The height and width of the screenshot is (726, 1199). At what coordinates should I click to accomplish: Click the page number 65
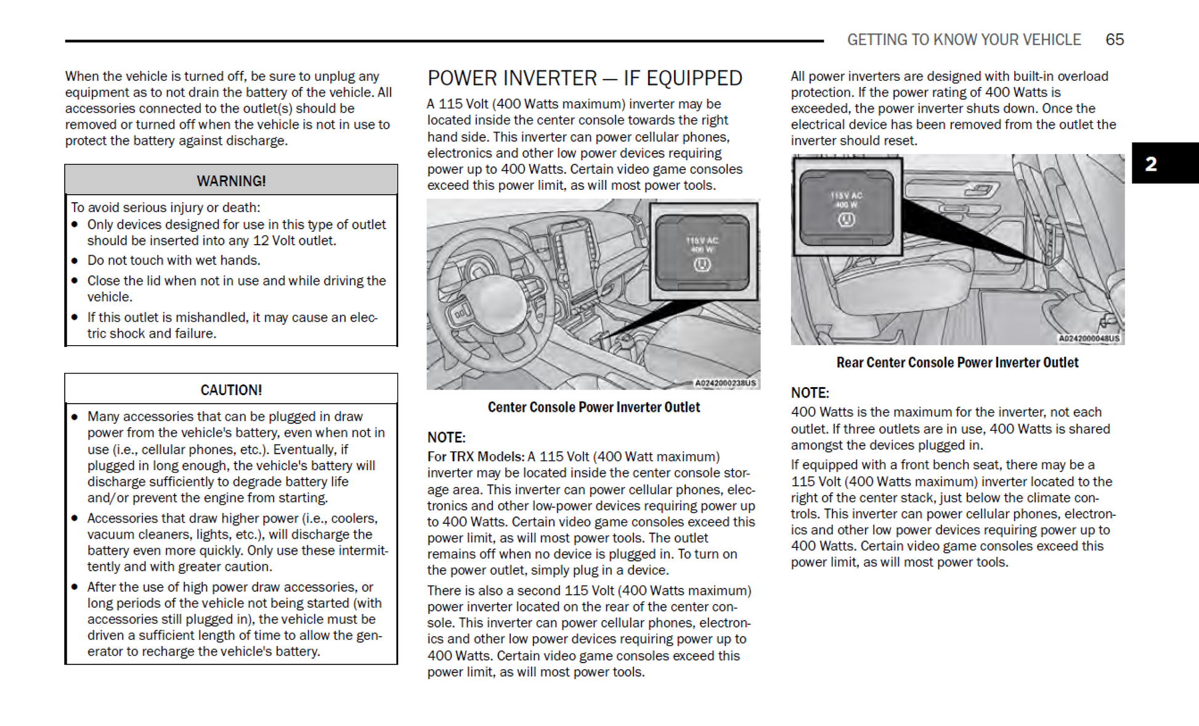[1114, 39]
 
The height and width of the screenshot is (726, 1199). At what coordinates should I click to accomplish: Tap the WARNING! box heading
[231, 181]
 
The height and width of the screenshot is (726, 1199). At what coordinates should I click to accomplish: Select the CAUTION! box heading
[231, 390]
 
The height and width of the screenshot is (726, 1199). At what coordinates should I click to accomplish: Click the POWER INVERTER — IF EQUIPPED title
[584, 78]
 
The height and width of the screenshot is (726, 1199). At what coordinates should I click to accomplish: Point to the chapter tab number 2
[1150, 163]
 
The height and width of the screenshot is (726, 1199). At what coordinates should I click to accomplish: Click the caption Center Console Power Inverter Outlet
[593, 407]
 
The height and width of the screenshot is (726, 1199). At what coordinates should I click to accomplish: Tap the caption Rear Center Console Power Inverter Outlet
[957, 362]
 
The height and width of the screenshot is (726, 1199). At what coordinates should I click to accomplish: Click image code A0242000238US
[725, 383]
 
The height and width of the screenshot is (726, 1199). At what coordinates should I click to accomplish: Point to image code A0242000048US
[1089, 338]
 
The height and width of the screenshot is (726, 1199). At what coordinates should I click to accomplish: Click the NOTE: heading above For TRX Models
[446, 437]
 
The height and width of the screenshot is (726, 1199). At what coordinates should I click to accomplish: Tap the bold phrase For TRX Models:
[476, 457]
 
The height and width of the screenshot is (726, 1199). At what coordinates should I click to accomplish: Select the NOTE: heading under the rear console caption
[810, 393]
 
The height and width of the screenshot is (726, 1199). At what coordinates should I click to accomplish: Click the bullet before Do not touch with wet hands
[75, 260]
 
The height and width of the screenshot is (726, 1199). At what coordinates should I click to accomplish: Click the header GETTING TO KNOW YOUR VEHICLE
[964, 39]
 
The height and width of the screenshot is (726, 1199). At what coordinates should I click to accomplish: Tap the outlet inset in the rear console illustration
[847, 206]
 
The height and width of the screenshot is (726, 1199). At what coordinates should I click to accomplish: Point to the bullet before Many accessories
[75, 417]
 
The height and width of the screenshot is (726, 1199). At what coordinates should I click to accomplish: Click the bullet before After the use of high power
[75, 587]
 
